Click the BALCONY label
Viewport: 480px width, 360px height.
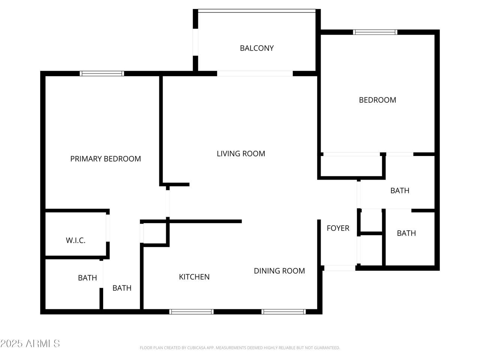point(257,48)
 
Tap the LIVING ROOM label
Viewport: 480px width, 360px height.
point(241,154)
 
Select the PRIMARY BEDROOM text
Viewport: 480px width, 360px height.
point(105,159)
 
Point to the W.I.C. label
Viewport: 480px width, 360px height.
point(75,240)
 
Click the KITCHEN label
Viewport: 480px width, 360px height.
point(194,277)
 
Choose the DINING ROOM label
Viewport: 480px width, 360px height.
point(279,271)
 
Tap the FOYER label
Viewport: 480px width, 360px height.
point(338,228)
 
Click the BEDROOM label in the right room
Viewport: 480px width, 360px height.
point(378,100)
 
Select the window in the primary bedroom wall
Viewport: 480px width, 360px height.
point(102,73)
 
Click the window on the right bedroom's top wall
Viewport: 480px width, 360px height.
point(375,32)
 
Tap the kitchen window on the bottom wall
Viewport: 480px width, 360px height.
point(191,312)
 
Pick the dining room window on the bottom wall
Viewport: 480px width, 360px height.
point(283,312)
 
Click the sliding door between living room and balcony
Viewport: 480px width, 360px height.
point(255,73)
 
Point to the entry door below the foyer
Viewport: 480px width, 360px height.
point(340,268)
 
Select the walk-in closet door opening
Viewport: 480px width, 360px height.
point(108,228)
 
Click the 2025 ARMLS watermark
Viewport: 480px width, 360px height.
point(30,343)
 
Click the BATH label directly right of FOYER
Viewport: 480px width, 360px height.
point(406,233)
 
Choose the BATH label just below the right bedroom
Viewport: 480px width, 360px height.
point(400,190)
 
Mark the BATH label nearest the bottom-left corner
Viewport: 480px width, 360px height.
point(87,278)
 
